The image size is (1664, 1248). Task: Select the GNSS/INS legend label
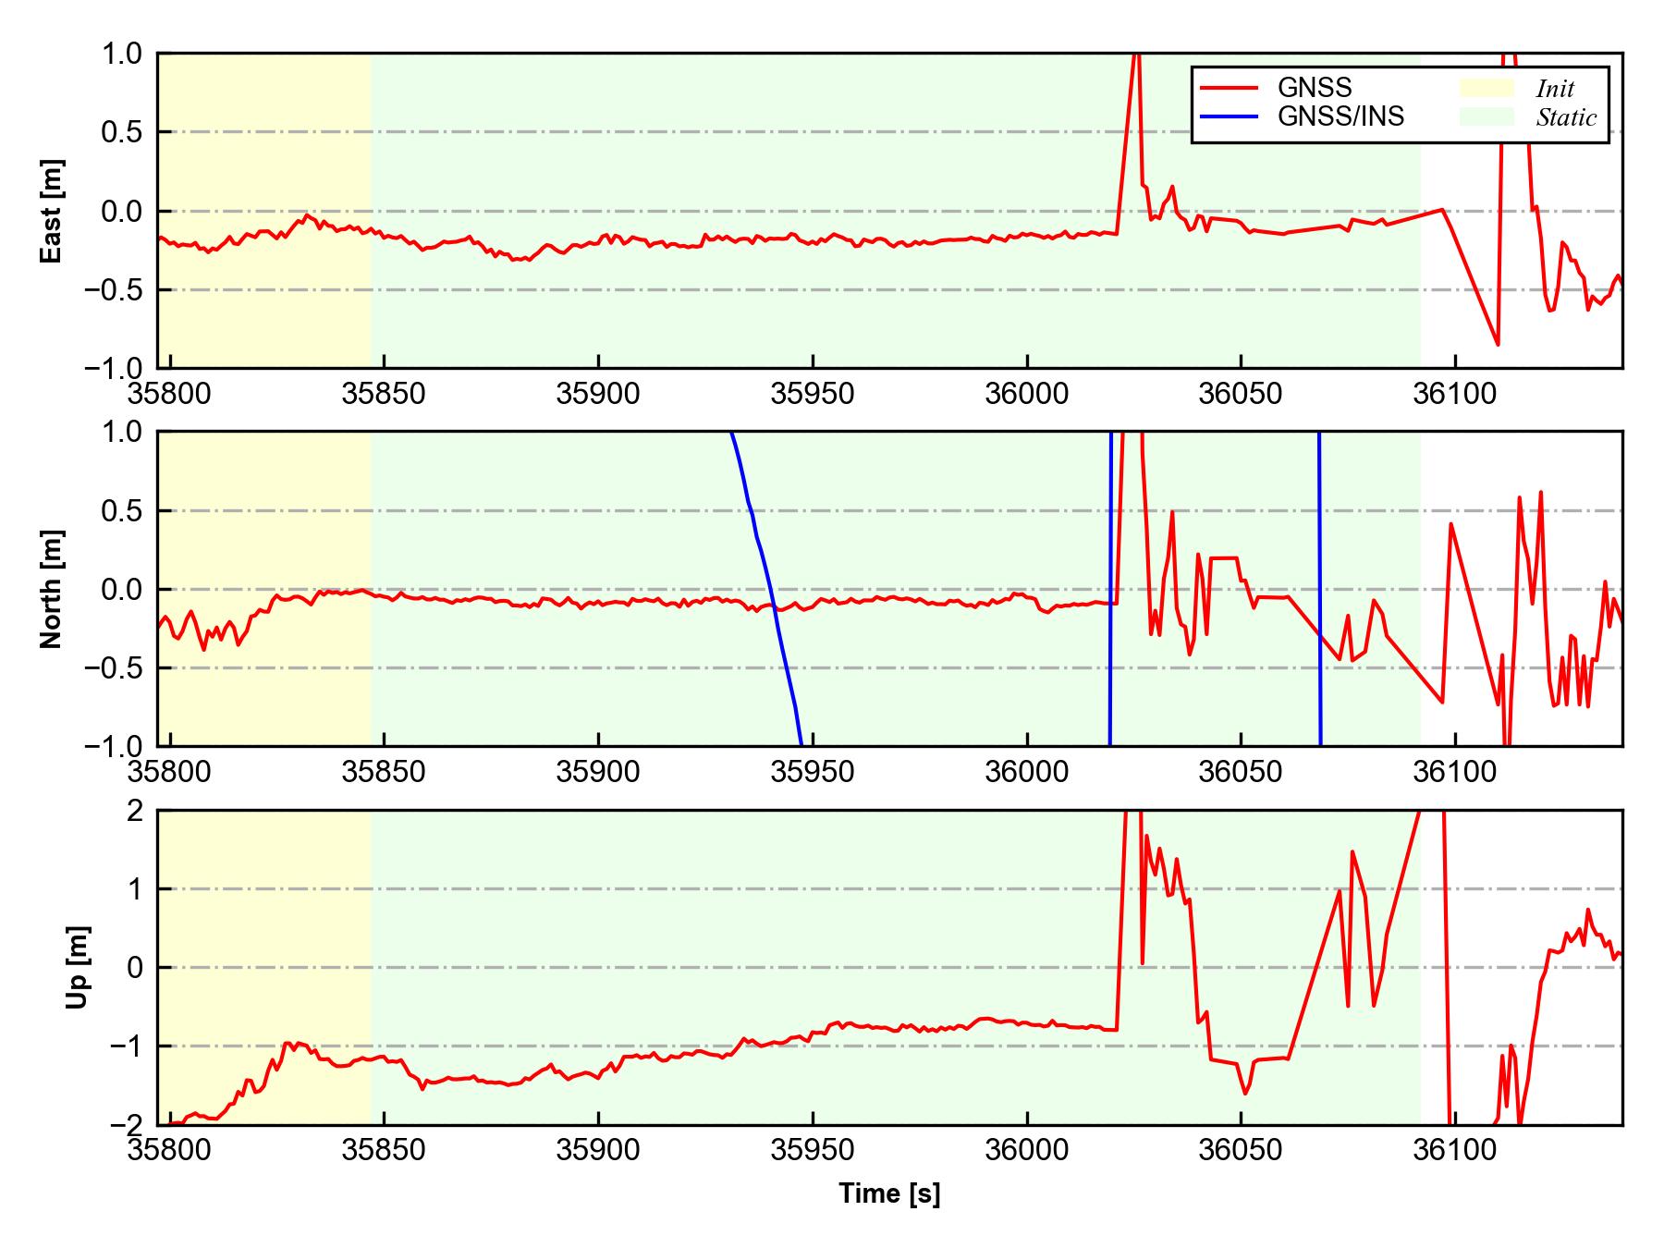click(1340, 116)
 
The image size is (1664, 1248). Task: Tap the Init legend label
click(1555, 89)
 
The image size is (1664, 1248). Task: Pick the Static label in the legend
click(1566, 117)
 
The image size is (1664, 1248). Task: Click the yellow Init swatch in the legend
click(1487, 88)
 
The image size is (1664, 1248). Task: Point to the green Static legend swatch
click(1487, 116)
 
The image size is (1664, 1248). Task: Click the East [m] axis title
click(52, 211)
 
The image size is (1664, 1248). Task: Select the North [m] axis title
click(52, 589)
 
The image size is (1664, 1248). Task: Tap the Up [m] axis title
click(78, 967)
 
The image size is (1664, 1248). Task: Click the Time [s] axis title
click(889, 1193)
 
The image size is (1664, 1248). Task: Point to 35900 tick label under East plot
click(598, 395)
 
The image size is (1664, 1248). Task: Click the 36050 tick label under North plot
click(1241, 772)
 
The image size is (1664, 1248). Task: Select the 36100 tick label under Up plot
click(1455, 1151)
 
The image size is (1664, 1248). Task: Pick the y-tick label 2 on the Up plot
click(136, 811)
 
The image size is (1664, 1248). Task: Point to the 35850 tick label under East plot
click(384, 395)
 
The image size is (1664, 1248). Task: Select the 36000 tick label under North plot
click(1026, 772)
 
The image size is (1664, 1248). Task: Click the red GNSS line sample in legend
click(1229, 88)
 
